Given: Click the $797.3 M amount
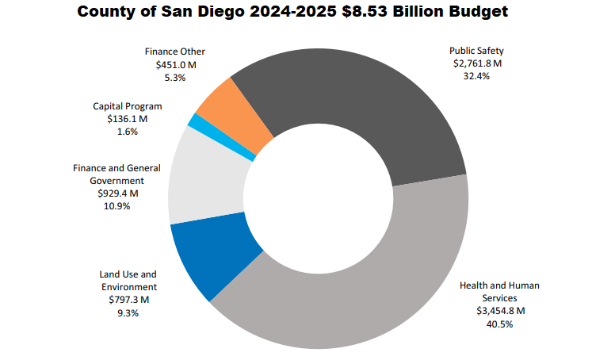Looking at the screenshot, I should (x=128, y=300).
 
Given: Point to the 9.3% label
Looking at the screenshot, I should (x=128, y=312).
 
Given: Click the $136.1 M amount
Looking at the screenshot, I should (x=127, y=118).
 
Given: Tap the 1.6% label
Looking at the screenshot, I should (x=127, y=131).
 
